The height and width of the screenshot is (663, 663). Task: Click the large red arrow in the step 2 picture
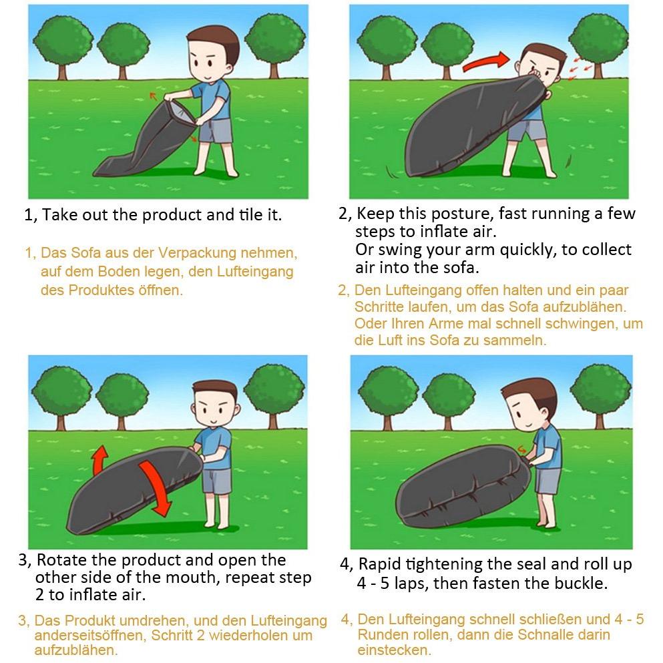(x=486, y=61)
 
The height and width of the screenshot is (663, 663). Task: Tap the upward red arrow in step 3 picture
(x=99, y=460)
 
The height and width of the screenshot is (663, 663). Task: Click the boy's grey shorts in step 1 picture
(x=216, y=131)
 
